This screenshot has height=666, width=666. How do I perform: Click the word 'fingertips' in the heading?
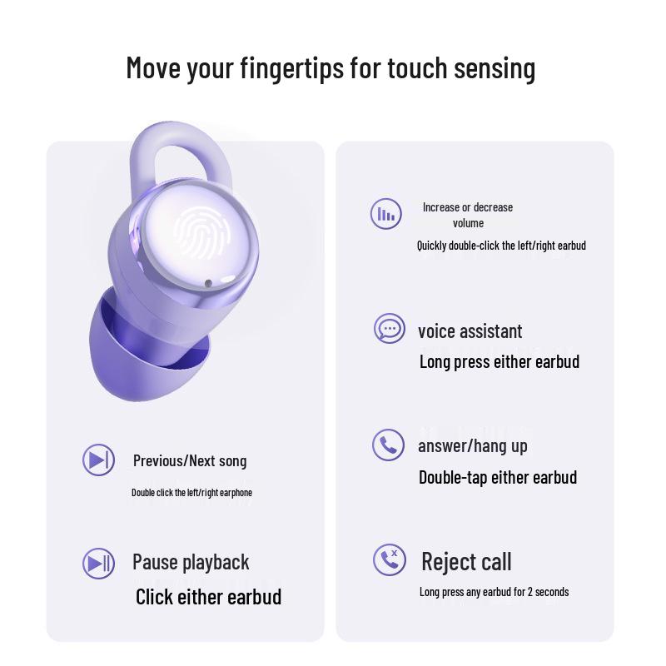point(292,68)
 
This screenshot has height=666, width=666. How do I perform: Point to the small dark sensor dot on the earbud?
point(208,283)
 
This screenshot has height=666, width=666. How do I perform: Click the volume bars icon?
point(385,214)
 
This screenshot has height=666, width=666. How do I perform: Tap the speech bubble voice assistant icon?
point(390,329)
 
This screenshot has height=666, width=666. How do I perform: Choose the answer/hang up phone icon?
point(388,445)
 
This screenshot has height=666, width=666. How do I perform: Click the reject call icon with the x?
point(390,559)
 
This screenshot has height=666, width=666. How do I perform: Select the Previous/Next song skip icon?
point(98,460)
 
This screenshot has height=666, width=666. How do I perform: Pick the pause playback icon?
point(98,564)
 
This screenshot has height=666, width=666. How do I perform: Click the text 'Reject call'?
point(466,561)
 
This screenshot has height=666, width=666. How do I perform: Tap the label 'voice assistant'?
point(470,331)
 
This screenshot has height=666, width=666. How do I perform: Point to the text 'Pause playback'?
point(191,563)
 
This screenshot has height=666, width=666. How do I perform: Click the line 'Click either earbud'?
point(209,597)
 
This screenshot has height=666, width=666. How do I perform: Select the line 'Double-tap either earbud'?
point(498,477)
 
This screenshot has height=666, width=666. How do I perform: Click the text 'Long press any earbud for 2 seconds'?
point(494,592)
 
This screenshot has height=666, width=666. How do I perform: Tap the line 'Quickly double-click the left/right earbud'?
point(501,246)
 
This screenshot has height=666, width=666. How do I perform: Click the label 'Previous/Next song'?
point(190,461)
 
